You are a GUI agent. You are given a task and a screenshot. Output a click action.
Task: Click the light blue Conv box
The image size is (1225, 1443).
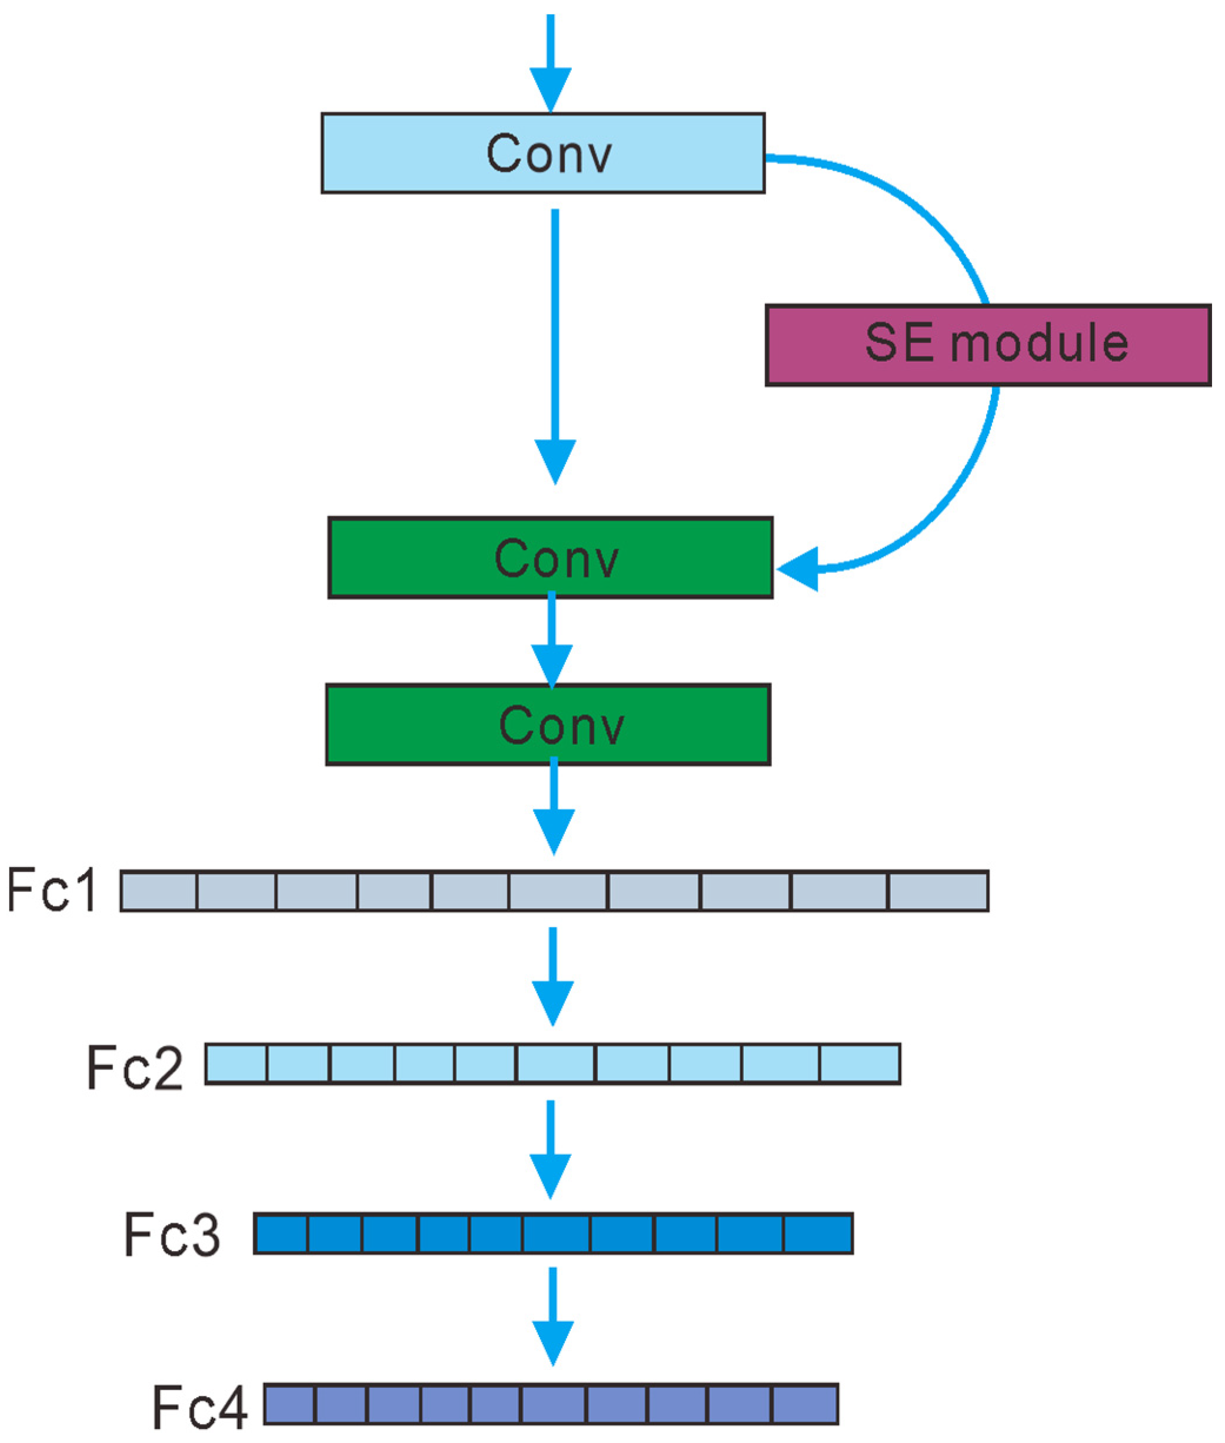click(x=542, y=153)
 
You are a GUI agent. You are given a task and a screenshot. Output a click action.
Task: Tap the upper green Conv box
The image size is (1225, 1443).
click(x=550, y=558)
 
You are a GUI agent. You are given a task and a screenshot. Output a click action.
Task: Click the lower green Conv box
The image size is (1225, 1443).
click(x=548, y=724)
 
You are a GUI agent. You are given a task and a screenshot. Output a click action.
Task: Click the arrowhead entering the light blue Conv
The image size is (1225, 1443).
click(x=550, y=89)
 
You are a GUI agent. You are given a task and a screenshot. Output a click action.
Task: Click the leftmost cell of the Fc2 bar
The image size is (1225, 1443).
click(x=236, y=1063)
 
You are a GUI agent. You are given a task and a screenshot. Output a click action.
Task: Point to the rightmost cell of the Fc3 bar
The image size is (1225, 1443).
click(x=817, y=1234)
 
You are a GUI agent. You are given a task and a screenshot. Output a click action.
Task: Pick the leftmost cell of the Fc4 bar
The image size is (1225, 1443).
click(x=289, y=1405)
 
